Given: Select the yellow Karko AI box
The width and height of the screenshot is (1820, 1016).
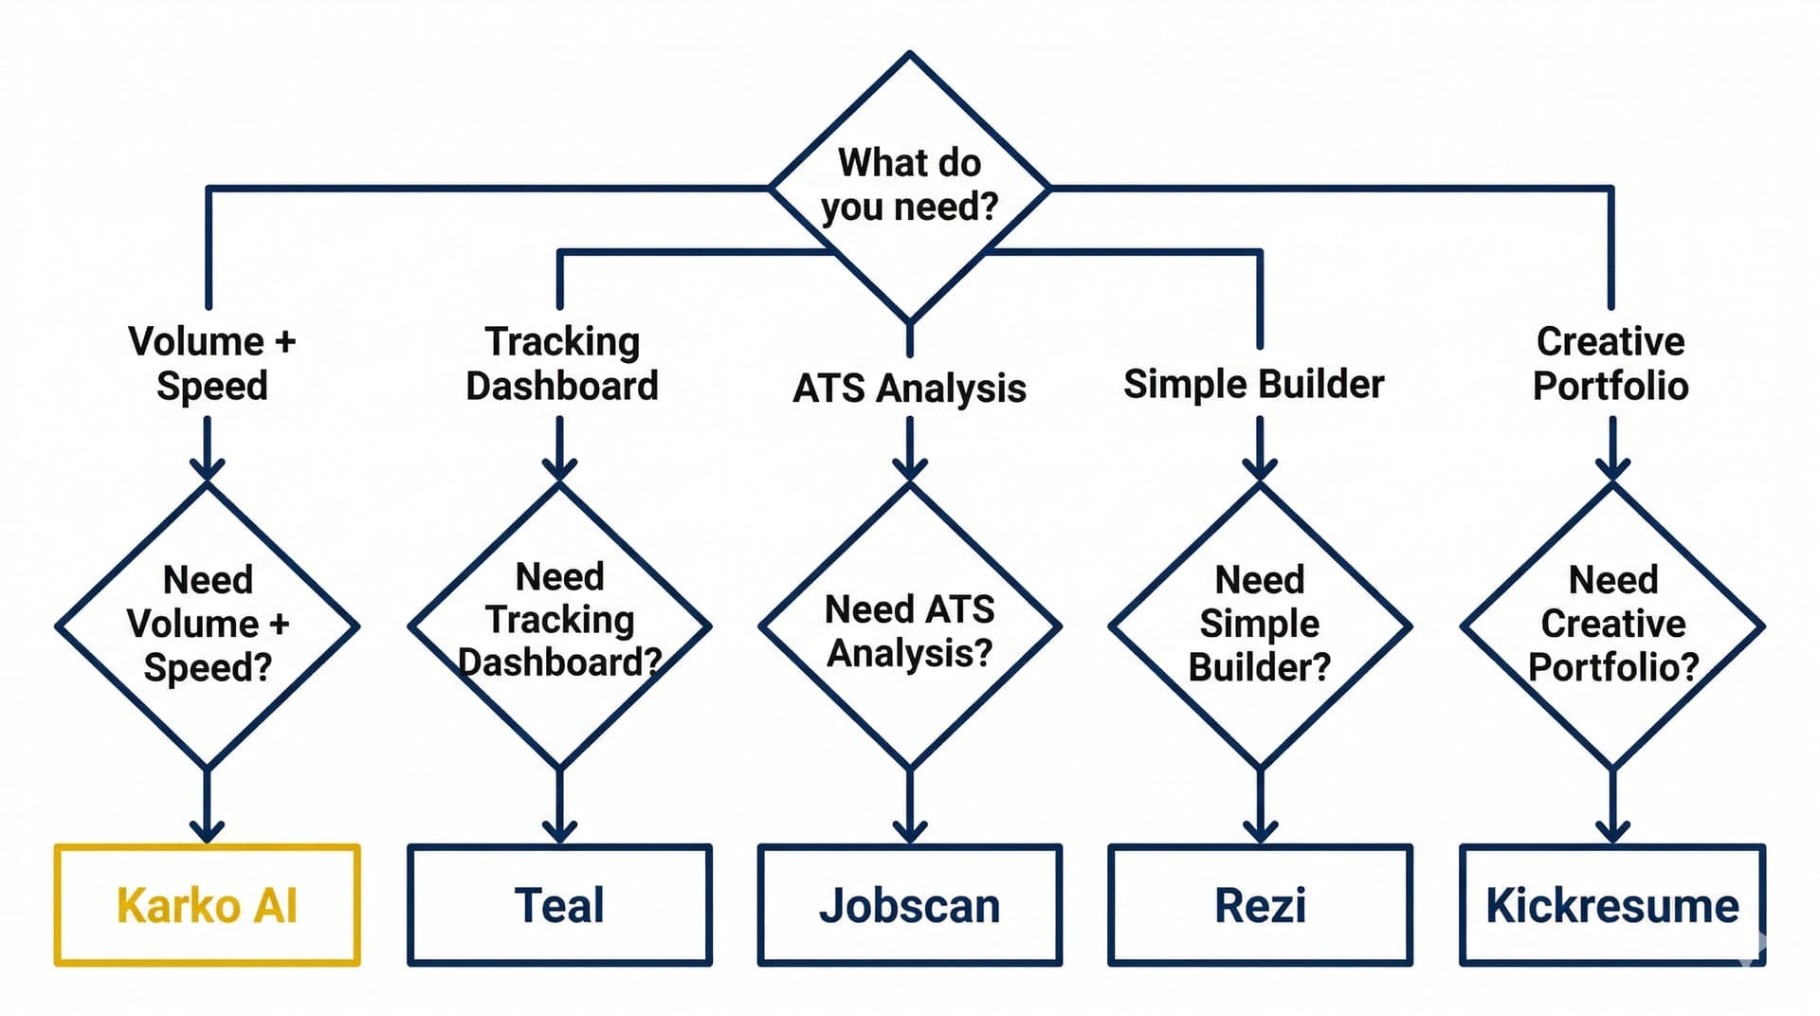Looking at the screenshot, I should click(207, 905).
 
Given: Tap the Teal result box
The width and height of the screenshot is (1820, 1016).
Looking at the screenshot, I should click(559, 905).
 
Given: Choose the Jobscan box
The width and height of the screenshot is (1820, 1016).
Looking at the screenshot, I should click(909, 905).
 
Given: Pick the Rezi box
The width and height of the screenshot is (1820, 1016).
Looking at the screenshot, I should click(1260, 905).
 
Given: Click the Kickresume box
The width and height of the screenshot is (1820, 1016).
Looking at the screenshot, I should click(1611, 905).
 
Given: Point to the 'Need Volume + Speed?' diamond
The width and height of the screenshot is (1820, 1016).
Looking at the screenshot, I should click(207, 626).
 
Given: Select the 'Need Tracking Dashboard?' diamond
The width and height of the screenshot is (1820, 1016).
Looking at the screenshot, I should click(559, 626).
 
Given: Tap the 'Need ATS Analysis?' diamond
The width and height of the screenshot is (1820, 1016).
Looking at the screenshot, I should click(909, 626).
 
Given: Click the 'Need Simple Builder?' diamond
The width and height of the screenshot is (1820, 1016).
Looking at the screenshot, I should click(1260, 626).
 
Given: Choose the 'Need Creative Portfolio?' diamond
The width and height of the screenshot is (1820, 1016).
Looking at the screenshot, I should click(1612, 626).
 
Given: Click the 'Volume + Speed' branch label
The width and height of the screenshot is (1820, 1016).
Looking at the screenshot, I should click(211, 363).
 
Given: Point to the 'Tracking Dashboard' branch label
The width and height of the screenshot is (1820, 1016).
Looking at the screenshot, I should click(561, 363).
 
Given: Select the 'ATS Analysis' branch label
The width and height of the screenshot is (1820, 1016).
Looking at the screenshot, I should click(909, 388).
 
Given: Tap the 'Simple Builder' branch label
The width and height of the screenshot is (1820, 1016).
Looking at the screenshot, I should click(1253, 384).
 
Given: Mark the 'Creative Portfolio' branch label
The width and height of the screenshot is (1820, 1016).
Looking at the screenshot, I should click(1611, 363).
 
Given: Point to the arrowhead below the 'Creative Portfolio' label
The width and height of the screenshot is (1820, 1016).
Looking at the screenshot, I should click(1612, 468).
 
